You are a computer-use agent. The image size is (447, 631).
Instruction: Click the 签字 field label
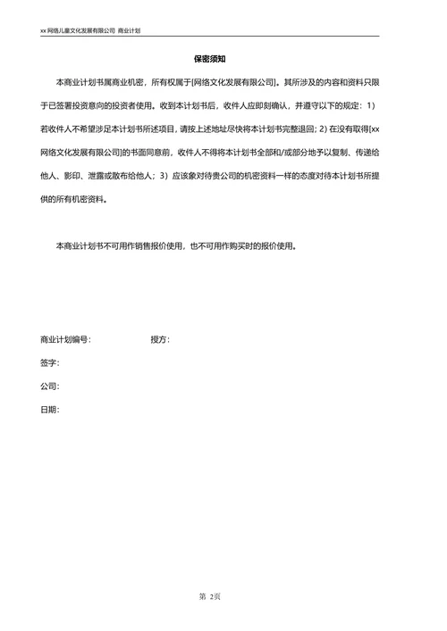48,363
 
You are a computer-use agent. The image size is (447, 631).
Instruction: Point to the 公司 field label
48,386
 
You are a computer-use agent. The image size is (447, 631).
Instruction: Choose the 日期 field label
48,410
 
